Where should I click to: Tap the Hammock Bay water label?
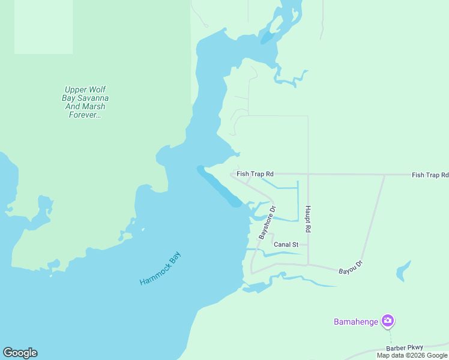(160, 268)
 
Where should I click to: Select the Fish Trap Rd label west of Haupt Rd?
(255, 174)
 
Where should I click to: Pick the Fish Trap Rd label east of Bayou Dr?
(430, 175)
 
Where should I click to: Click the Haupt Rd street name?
(308, 220)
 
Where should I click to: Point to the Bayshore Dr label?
(267, 223)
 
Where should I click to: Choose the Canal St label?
(286, 245)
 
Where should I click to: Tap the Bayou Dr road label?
(351, 267)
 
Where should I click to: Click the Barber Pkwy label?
(405, 347)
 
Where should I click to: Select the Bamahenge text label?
(356, 322)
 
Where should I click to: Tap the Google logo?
(20, 353)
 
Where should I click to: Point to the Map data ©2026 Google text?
(412, 355)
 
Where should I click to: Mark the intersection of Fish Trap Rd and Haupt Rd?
(308, 175)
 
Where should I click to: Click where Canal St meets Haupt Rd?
(308, 245)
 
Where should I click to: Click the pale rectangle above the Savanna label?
(43, 27)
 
